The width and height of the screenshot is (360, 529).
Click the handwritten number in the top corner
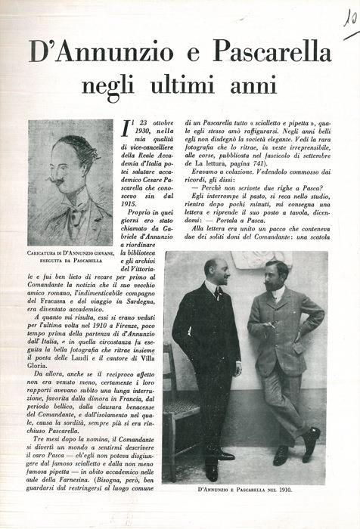[349, 20]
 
